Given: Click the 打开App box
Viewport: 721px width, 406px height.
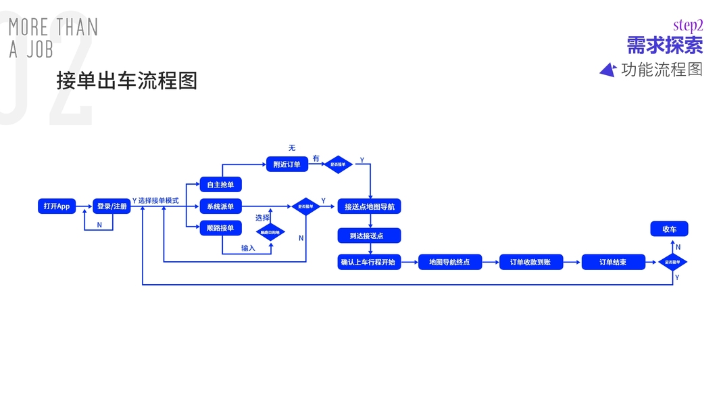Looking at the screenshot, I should pyautogui.click(x=57, y=206).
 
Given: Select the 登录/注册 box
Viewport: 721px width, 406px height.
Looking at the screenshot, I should pyautogui.click(x=111, y=206).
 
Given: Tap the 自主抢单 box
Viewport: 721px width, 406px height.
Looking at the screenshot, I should pyautogui.click(x=220, y=185).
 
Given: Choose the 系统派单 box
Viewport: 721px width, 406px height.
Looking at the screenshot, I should pyautogui.click(x=220, y=206).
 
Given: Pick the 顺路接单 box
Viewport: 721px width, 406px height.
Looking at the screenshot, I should pyautogui.click(x=220, y=228).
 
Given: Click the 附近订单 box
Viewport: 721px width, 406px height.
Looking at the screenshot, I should pyautogui.click(x=287, y=164).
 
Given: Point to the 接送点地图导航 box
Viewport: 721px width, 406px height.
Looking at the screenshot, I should pyautogui.click(x=369, y=206).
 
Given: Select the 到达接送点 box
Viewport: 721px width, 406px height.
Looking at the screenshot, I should pyautogui.click(x=369, y=235).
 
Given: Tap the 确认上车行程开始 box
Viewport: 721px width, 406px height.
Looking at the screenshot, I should pyautogui.click(x=369, y=262).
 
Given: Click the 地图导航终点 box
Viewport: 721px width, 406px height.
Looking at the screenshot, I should pyautogui.click(x=449, y=262).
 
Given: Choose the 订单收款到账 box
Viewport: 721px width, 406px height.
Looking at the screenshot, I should pyautogui.click(x=530, y=262).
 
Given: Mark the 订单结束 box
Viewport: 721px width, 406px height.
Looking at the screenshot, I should pyautogui.click(x=613, y=262).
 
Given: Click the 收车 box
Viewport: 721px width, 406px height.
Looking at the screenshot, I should pyautogui.click(x=669, y=229).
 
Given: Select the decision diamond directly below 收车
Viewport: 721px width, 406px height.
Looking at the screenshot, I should pyautogui.click(x=672, y=262).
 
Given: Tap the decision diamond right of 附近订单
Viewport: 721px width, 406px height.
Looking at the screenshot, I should pyautogui.click(x=338, y=164).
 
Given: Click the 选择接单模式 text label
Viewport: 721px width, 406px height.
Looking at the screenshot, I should pyautogui.click(x=158, y=201).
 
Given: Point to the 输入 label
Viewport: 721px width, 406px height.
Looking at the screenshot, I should pyautogui.click(x=248, y=248).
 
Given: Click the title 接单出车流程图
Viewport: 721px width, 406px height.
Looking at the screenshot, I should pyautogui.click(x=127, y=81).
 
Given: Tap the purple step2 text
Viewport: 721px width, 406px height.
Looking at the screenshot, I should pyautogui.click(x=688, y=26).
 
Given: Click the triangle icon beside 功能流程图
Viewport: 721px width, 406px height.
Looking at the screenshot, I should pyautogui.click(x=607, y=70).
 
